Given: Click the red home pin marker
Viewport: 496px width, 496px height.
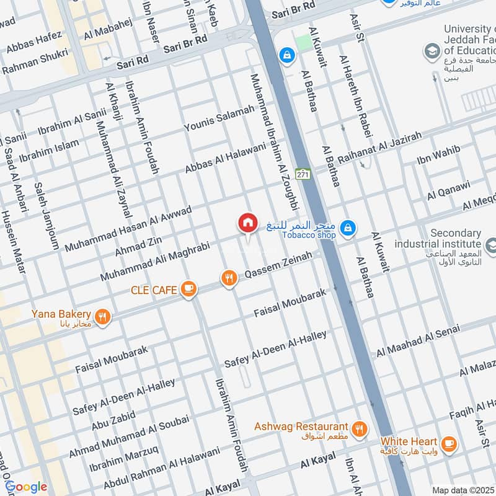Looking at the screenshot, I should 247,223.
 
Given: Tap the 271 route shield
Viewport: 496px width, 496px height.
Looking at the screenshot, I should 303,175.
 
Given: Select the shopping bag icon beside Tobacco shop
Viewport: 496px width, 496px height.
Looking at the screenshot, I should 348,228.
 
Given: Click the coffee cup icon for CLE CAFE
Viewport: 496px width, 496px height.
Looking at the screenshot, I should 188,289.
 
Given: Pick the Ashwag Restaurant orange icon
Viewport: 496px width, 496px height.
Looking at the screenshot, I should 358,428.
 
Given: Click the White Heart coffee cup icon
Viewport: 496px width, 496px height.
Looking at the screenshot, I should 449,444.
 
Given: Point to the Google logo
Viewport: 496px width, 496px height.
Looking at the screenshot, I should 25,487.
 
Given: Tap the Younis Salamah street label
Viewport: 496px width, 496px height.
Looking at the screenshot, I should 219,118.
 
